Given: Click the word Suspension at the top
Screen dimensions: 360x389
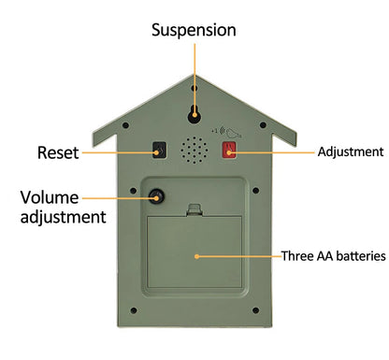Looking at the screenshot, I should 194,30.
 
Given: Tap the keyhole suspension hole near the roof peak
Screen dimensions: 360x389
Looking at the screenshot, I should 194,113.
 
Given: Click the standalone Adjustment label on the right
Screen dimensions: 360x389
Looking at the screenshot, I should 351,151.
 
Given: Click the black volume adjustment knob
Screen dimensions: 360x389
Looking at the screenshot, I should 155,196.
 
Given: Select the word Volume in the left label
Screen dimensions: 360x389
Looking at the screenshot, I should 51,197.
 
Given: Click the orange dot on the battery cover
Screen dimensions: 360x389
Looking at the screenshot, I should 195,254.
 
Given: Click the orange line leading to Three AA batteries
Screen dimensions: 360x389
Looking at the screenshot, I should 238,254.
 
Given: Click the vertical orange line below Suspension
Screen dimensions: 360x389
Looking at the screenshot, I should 194,75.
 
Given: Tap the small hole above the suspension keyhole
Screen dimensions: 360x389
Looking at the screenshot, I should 194,87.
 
